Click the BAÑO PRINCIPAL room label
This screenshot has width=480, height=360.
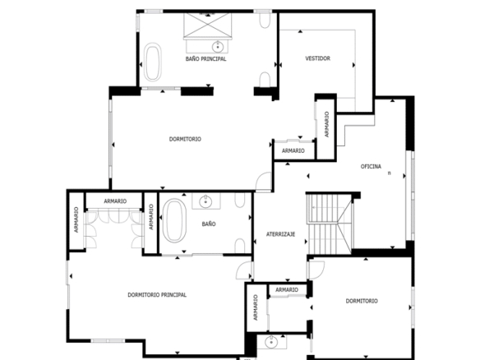pyautogui.click(x=205, y=59)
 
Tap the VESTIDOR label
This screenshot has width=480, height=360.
pyautogui.click(x=318, y=58)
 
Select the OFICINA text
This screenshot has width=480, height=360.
pyautogui.click(x=371, y=167)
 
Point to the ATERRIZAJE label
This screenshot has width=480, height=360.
pyautogui.click(x=281, y=234)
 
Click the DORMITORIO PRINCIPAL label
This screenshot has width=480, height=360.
pyautogui.click(x=157, y=295)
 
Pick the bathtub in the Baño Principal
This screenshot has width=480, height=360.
pyautogui.click(x=152, y=62)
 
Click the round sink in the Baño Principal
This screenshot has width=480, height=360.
pyautogui.click(x=218, y=47)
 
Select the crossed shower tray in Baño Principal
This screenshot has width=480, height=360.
pyautogui.click(x=208, y=25)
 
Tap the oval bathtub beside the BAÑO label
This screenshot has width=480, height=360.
pyautogui.click(x=174, y=220)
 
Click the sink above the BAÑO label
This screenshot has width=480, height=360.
pyautogui.click(x=205, y=201)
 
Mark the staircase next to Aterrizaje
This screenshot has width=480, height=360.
pyautogui.click(x=330, y=224)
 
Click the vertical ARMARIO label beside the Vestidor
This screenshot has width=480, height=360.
pyautogui.click(x=326, y=124)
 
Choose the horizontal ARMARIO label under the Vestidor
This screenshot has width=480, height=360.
pyautogui.click(x=293, y=150)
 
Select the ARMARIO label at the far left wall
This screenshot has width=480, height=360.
pyautogui.click(x=76, y=219)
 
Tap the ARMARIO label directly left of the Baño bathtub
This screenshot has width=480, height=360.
pyautogui.click(x=151, y=217)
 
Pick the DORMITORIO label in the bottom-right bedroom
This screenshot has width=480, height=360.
pyautogui.click(x=362, y=301)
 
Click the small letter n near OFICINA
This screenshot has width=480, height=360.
pyautogui.click(x=390, y=173)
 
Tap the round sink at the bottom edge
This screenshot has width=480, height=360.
pyautogui.click(x=271, y=342)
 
